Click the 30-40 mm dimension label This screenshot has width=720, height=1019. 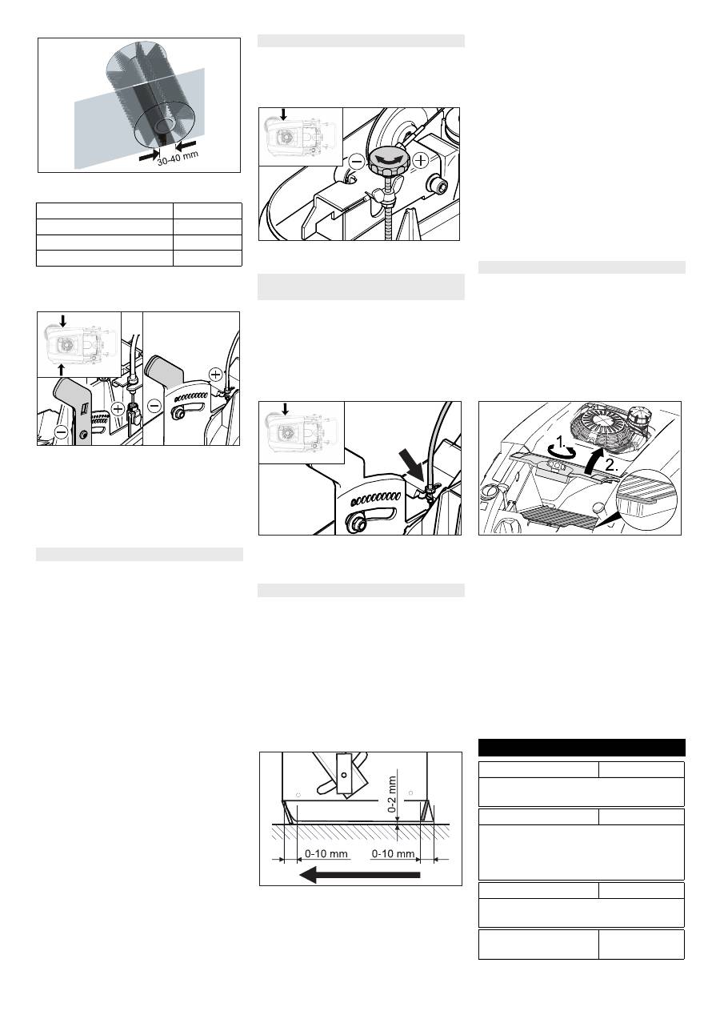click(178, 158)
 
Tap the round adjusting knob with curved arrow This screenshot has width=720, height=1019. click(389, 161)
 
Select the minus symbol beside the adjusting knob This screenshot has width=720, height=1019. click(358, 161)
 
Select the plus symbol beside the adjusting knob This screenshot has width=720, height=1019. click(422, 160)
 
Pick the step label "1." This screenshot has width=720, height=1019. click(562, 442)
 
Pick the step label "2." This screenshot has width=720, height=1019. click(612, 465)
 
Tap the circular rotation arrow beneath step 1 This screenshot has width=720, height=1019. click(562, 452)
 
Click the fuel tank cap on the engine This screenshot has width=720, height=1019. click(638, 417)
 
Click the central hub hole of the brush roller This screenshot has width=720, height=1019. click(164, 125)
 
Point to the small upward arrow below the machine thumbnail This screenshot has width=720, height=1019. click(62, 369)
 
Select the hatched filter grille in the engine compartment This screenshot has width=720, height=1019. click(562, 518)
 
